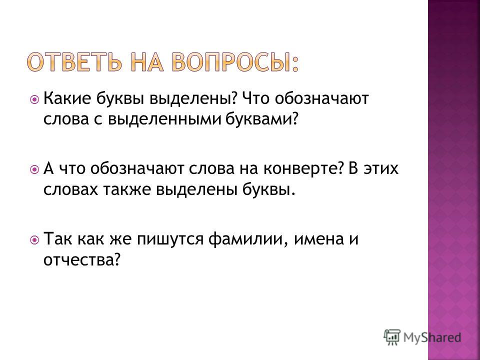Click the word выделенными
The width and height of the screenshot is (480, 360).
coord(164,119)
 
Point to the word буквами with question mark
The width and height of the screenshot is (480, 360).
coord(261,119)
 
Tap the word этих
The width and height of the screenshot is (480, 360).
coord(381,169)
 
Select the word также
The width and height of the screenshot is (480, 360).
coord(129,190)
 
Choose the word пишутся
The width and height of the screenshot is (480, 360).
coord(170,239)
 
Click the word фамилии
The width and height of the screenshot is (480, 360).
coord(248,239)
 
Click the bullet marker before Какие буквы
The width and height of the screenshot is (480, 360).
coord(34,99)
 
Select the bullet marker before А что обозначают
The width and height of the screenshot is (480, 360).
coord(34,169)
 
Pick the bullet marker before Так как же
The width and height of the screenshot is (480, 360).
coord(34,239)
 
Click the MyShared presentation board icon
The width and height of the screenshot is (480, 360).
coord(392,337)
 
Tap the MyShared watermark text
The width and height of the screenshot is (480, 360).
coord(432,337)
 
